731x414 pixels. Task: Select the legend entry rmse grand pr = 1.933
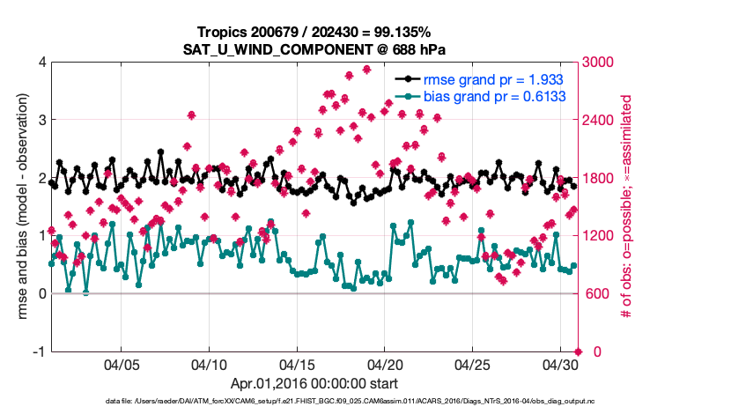click(488, 79)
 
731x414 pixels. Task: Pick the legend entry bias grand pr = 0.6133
click(494, 96)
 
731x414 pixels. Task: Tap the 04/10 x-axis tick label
click(210, 365)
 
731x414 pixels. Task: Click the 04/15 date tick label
click(297, 365)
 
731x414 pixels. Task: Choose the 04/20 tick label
click(385, 365)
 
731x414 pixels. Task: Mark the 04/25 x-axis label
click(472, 365)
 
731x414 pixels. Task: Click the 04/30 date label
click(560, 365)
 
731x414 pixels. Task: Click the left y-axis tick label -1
click(39, 351)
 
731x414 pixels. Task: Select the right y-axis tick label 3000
click(601, 63)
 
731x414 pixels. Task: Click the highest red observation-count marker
click(367, 69)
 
